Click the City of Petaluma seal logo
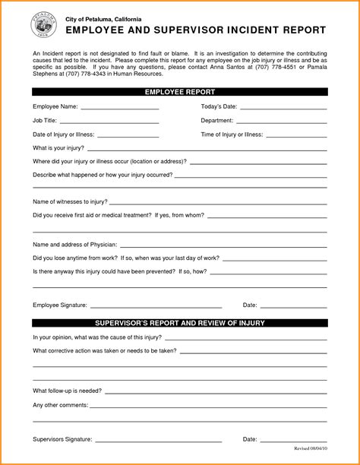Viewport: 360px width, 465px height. point(44,26)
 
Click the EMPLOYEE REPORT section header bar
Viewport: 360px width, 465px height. point(180,92)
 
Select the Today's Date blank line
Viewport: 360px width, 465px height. point(284,109)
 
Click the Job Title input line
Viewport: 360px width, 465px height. point(109,122)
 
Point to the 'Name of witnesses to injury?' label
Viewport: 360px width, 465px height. point(70,201)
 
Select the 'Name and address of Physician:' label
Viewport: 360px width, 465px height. point(74,244)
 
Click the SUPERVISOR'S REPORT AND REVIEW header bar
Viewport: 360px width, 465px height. point(180,322)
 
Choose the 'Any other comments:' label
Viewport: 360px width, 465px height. point(60,403)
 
